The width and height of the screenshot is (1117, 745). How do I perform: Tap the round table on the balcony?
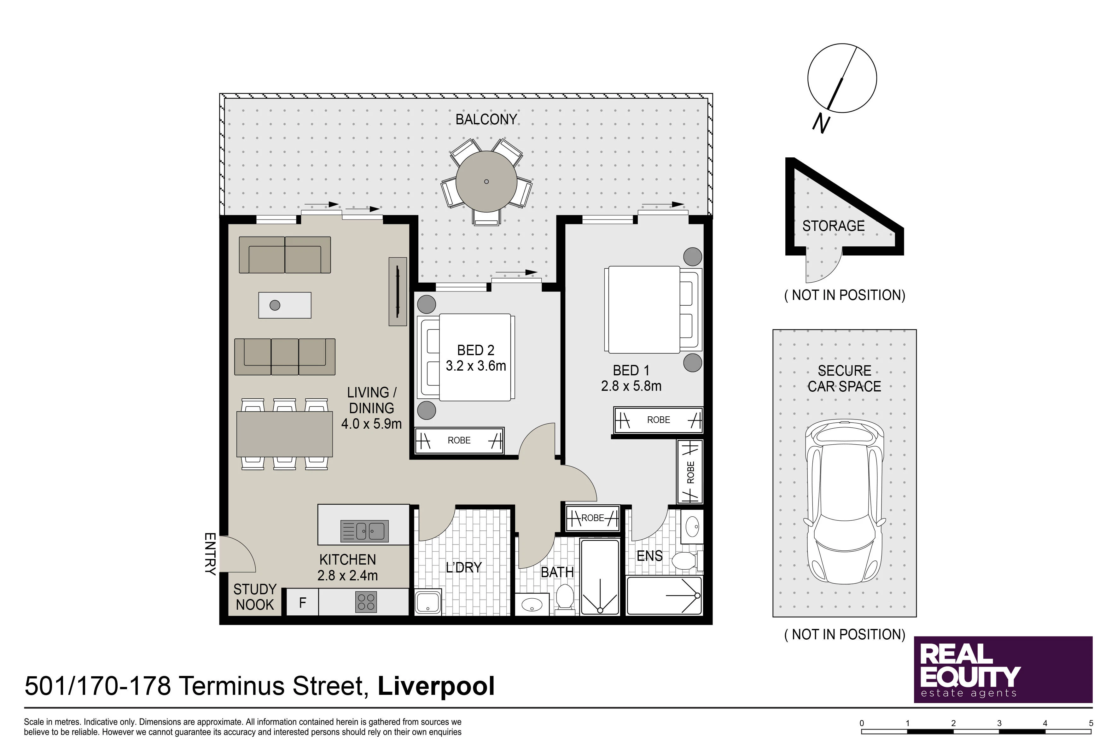(x=486, y=181)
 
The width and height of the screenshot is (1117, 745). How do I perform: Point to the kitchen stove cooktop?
(x=366, y=602)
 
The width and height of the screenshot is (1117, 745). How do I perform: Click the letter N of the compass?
(x=821, y=124)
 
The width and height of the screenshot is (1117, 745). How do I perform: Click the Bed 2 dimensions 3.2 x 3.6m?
(x=475, y=366)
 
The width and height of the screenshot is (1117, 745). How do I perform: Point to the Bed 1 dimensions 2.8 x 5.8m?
(x=631, y=386)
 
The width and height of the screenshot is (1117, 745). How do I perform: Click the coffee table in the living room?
(x=284, y=305)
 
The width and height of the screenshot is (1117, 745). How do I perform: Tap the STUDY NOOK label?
(x=254, y=597)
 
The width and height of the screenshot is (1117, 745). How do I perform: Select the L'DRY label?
(x=463, y=567)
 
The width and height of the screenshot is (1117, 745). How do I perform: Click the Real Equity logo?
(x=1003, y=669)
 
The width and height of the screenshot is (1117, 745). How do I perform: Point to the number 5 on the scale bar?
(x=1091, y=723)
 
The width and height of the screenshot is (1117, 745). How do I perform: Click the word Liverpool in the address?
(x=436, y=686)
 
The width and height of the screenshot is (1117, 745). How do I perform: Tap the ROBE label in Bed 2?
(x=459, y=440)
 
